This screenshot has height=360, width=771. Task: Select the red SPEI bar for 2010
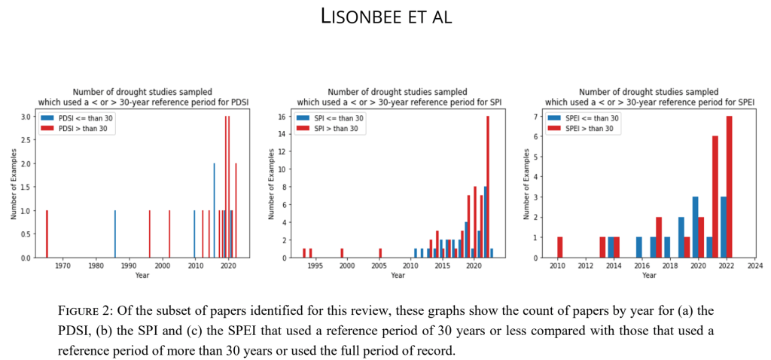point(560,247)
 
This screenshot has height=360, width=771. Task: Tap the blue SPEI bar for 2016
point(639,247)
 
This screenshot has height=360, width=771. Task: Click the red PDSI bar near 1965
point(47,234)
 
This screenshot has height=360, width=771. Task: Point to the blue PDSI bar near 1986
point(115,234)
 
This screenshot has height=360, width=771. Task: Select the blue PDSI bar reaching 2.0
point(214,211)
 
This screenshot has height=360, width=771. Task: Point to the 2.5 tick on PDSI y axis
point(28,140)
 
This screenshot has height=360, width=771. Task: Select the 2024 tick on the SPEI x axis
point(754,265)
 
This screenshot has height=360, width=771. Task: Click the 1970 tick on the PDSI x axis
point(62,265)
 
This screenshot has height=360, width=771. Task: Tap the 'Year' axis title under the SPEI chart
point(648,275)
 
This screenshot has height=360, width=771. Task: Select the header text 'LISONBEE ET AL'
point(385,17)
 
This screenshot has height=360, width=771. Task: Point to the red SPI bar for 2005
point(380,253)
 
